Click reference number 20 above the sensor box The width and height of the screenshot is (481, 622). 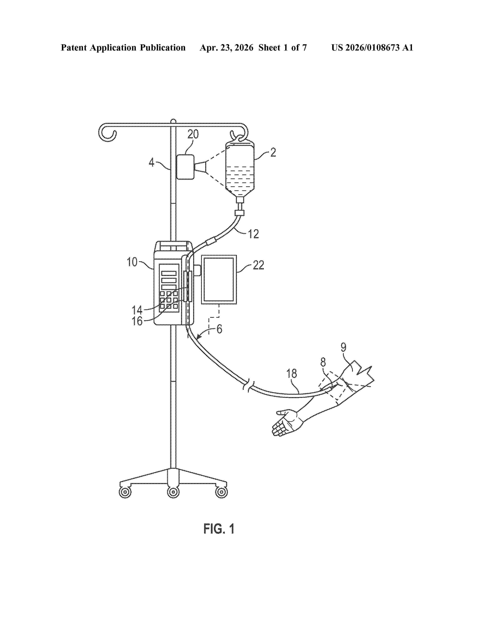(193, 134)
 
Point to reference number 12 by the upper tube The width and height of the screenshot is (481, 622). (253, 234)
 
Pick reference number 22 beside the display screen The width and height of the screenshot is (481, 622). (258, 265)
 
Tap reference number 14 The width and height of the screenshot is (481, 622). (137, 310)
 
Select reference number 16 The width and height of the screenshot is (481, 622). (137, 321)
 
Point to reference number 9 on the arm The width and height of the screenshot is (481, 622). (344, 347)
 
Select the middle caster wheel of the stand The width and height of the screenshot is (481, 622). (173, 492)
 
